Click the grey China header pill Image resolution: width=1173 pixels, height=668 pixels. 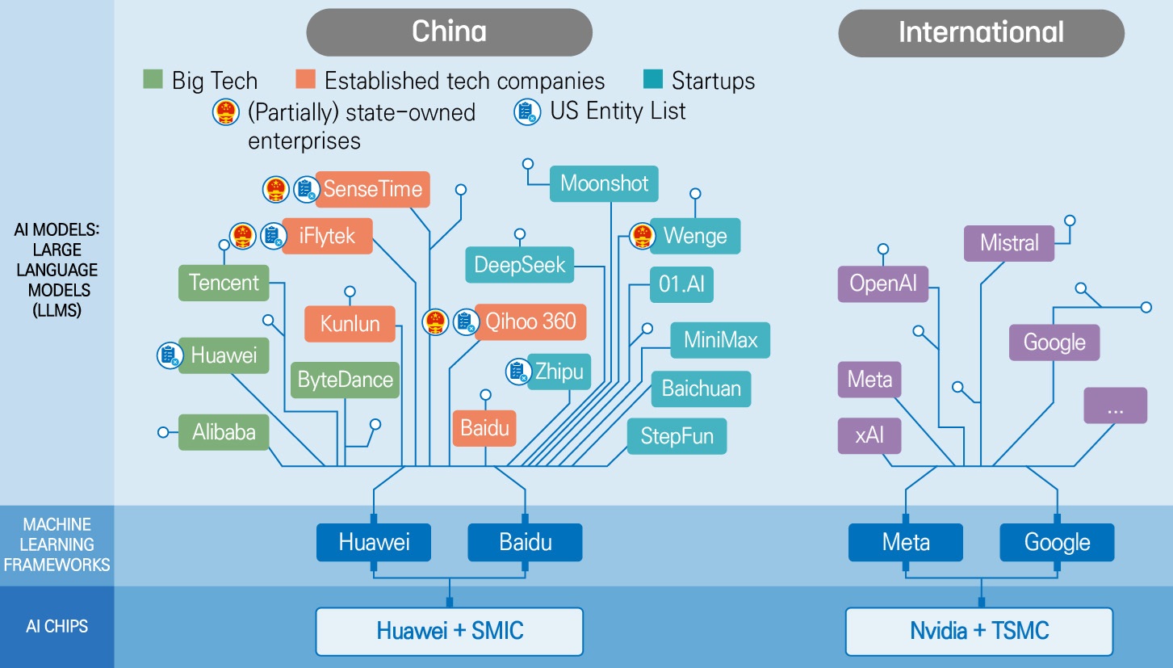449,32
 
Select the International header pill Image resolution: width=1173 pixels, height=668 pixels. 981,33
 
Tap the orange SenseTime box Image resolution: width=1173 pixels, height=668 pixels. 372,189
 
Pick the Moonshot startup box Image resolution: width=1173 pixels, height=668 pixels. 604,183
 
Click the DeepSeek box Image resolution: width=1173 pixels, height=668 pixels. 520,265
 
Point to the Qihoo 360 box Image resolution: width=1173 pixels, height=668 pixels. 530,321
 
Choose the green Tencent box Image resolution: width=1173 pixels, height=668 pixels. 224,283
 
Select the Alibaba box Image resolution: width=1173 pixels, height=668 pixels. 224,432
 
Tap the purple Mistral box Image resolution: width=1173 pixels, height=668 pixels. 1009,243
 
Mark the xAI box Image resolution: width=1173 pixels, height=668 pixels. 869,435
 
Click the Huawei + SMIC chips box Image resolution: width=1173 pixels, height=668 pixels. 449,631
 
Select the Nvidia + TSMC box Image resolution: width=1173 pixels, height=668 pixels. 979,631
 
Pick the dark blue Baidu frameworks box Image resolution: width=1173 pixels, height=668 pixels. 525,542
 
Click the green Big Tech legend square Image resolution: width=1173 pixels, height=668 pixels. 153,80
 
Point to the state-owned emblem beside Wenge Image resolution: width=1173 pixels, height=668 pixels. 643,236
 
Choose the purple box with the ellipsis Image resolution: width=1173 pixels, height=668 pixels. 1115,405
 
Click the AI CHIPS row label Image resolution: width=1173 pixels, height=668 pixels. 57,627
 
